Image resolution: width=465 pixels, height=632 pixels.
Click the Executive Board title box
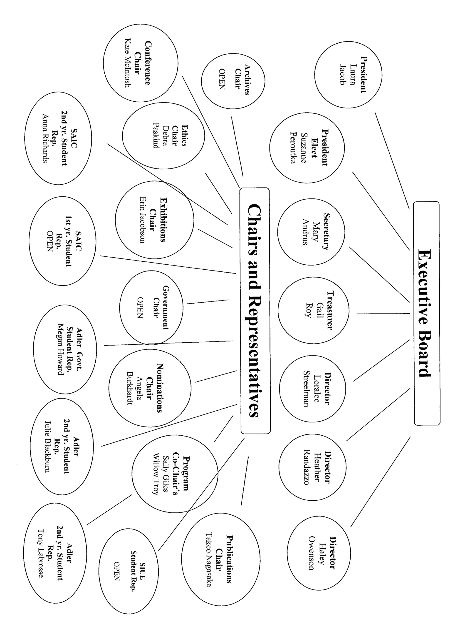pyautogui.click(x=426, y=313)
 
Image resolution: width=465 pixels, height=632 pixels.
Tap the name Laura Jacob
pyautogui.click(x=348, y=75)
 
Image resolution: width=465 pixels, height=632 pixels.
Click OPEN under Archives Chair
pyautogui.click(x=222, y=79)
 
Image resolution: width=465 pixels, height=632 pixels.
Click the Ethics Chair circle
pyautogui.click(x=163, y=135)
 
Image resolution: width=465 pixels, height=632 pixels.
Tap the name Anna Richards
pyautogui.click(x=45, y=138)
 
